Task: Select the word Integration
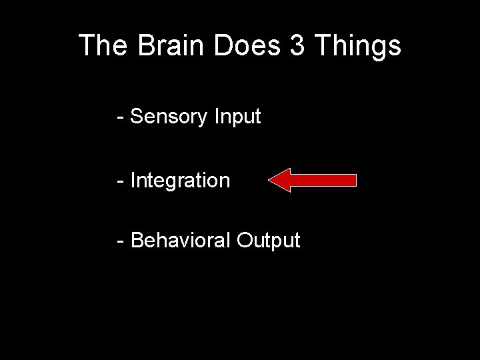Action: [181, 181]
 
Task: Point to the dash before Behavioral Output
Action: [120, 241]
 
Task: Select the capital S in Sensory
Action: [137, 117]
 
